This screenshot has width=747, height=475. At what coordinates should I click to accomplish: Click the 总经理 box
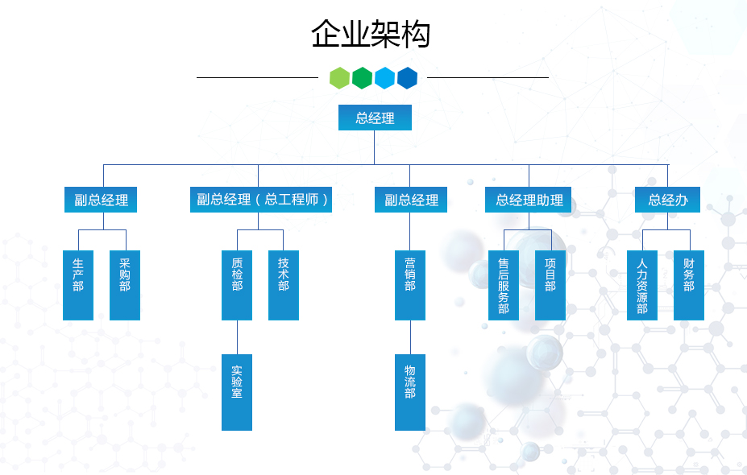(375, 118)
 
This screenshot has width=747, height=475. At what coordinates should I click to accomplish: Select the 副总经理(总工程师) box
(261, 200)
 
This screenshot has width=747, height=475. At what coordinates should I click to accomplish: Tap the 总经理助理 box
(529, 200)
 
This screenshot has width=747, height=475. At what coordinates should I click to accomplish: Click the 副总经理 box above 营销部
(411, 200)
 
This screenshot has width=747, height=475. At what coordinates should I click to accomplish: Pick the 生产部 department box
(78, 285)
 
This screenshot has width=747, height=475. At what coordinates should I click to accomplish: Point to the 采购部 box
(125, 285)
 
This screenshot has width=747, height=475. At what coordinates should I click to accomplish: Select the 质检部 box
(237, 285)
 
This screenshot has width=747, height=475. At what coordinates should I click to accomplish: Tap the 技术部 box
(284, 285)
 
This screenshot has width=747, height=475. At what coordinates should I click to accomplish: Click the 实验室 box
(237, 392)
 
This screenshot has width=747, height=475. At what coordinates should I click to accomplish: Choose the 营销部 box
(410, 285)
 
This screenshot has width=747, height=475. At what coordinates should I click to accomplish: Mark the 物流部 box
(410, 392)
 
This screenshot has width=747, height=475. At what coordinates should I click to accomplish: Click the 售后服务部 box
(504, 285)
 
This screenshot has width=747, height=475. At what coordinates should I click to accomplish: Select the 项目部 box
(550, 285)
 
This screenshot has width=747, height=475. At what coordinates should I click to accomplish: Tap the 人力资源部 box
(642, 285)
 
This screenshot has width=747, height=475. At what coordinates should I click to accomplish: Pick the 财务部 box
(689, 285)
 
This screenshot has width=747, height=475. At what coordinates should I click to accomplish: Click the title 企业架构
(371, 35)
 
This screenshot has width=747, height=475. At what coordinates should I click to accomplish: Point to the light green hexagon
(340, 78)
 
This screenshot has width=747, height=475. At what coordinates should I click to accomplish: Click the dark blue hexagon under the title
(408, 78)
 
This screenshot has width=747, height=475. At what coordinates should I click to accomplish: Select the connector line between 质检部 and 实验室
(237, 337)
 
